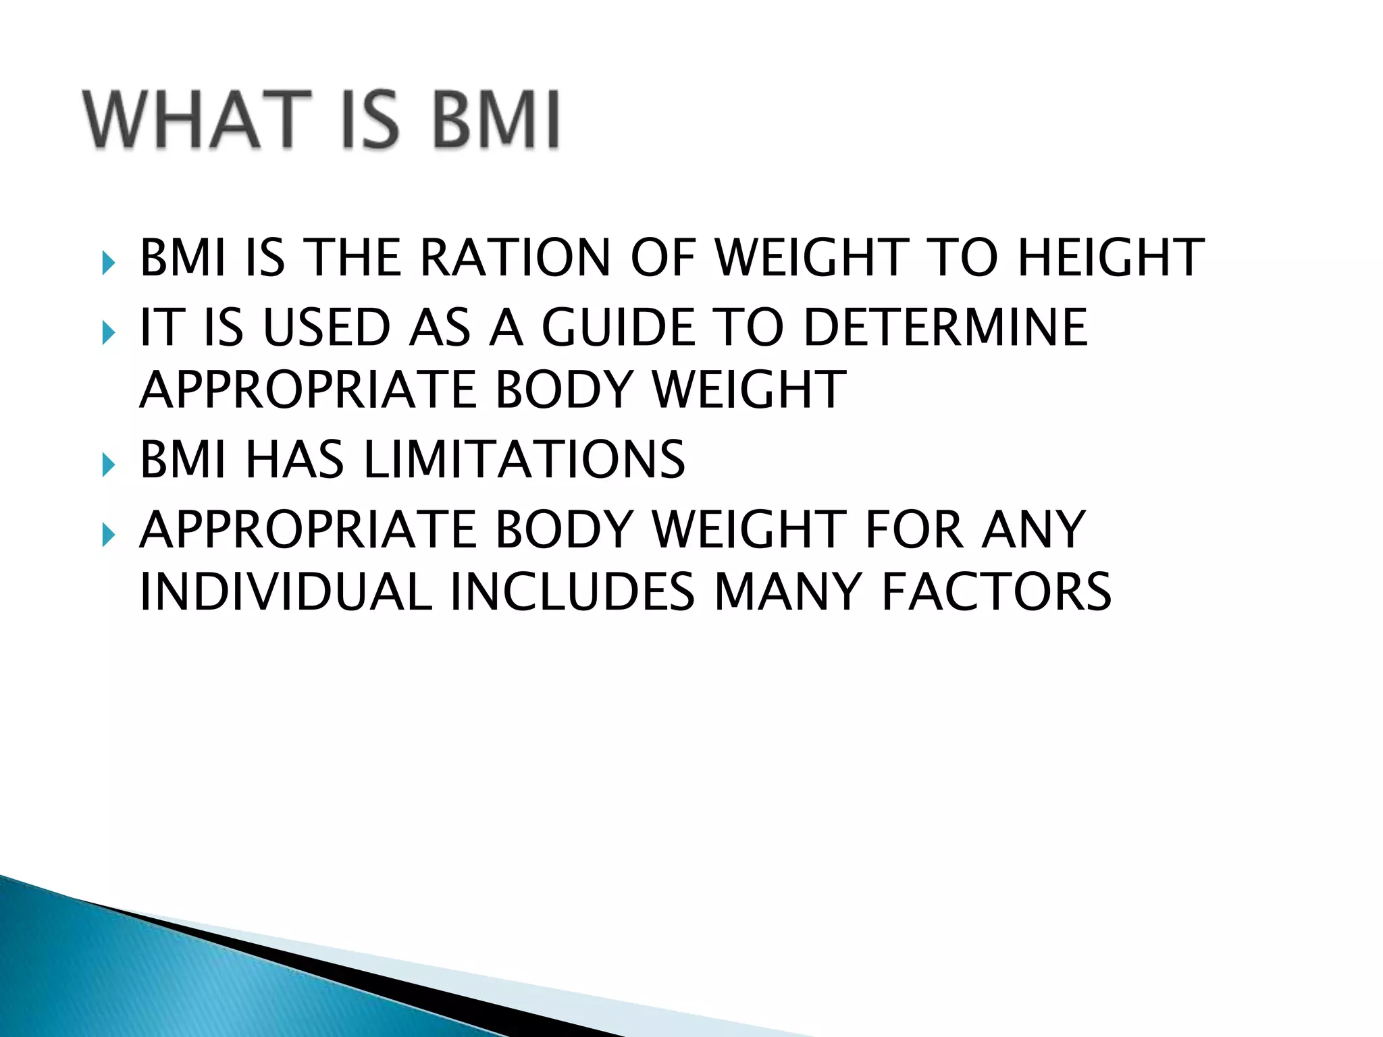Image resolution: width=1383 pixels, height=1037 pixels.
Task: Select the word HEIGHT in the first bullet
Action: pyautogui.click(x=1110, y=258)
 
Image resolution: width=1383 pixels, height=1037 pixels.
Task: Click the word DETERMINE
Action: pyautogui.click(x=945, y=328)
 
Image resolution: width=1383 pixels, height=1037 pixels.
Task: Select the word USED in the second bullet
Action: pyautogui.click(x=327, y=328)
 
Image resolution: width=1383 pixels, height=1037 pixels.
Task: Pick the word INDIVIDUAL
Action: pyautogui.click(x=285, y=592)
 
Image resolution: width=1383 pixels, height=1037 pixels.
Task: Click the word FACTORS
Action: pyautogui.click(x=996, y=592)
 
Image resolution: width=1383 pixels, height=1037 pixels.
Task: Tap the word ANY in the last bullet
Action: pyautogui.click(x=1033, y=530)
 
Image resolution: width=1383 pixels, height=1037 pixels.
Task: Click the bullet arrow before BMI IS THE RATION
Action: pyautogui.click(x=108, y=262)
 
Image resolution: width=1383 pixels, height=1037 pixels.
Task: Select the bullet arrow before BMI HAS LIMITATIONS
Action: pyautogui.click(x=108, y=464)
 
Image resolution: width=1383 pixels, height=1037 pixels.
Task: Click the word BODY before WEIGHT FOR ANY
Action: pyautogui.click(x=565, y=530)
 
